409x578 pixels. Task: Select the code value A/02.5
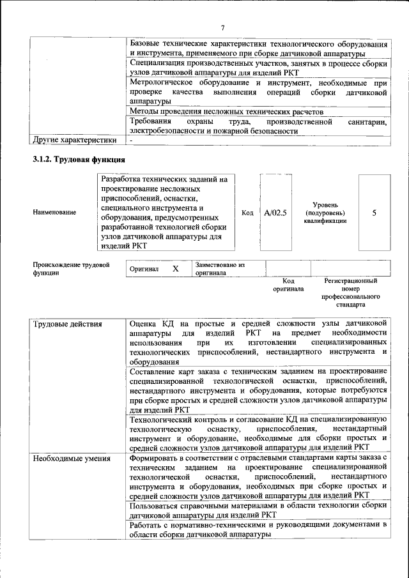(275, 213)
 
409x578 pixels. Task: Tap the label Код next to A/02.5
(248, 213)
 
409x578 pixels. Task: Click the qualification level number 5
(374, 213)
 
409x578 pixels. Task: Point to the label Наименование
(54, 213)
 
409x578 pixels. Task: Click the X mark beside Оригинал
(175, 269)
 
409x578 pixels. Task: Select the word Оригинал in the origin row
(144, 269)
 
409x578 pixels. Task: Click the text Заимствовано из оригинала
(220, 268)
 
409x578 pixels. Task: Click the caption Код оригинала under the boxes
(288, 285)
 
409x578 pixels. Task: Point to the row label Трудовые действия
(67, 324)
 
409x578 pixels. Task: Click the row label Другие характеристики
(75, 140)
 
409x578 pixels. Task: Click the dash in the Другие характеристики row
(130, 140)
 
